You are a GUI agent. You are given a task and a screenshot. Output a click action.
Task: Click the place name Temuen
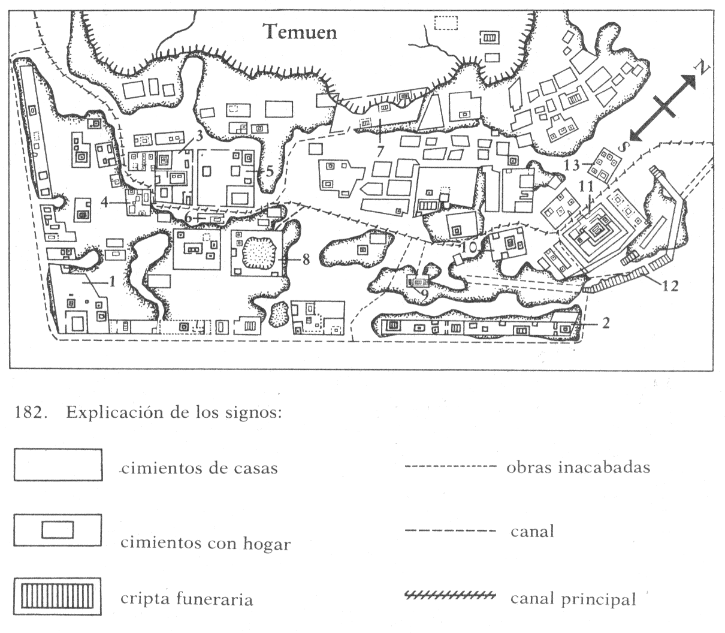point(300,32)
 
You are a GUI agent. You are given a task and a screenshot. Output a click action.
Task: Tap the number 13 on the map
point(572,165)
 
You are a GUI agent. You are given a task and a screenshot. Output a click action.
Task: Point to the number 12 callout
point(669,286)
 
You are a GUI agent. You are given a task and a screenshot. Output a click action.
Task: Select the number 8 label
point(306,260)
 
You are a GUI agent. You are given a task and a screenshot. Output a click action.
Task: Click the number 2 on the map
point(606,323)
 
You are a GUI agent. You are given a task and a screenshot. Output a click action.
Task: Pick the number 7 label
point(380,151)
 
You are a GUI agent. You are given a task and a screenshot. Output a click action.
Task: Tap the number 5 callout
point(270,171)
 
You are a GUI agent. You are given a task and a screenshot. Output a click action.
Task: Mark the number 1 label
point(112,282)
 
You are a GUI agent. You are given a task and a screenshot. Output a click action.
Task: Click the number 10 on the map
point(469,248)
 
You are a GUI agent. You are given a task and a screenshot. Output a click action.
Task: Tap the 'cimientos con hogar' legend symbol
point(58,530)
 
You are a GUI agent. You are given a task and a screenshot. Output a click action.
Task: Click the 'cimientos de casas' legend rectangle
point(58,465)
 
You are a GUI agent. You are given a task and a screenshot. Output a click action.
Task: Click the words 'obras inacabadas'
point(578,468)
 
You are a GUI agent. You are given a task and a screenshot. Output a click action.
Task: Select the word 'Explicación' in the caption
point(117,413)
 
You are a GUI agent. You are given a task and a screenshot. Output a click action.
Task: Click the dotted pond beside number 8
point(259,253)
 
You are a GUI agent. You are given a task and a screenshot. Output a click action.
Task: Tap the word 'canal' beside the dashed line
point(532,532)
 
